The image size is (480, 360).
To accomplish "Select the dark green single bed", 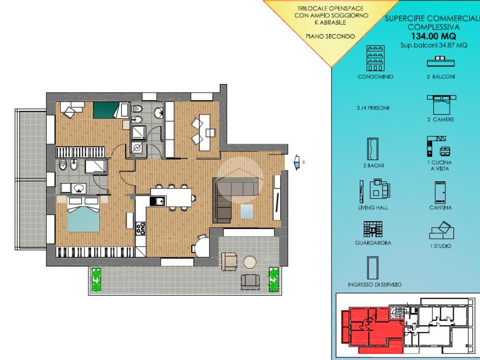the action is tap(106, 110).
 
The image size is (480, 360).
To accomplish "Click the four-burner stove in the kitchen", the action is tap(141, 228).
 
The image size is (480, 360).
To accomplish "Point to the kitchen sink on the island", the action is tap(157, 201).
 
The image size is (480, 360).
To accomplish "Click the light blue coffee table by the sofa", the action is tap(247, 211).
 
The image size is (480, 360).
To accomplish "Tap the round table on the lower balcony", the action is tap(250, 262).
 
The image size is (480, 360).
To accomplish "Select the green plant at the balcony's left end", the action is tap(97, 279).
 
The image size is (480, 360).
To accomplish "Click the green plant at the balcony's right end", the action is tap(273, 279).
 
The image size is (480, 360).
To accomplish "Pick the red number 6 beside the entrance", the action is tap(303, 162).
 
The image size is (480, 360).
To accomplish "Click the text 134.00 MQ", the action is tap(434, 36).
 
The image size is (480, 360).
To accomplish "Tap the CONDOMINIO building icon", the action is tap(375, 58).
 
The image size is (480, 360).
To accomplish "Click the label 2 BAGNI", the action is tap(374, 165).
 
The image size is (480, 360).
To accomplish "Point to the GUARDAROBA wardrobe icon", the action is tap(373, 229).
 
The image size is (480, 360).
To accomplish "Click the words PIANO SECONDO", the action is tap(330, 37).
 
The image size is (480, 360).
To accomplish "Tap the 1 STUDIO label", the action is tap(441, 246).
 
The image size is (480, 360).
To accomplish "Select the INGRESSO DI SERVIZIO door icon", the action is tap(373, 268).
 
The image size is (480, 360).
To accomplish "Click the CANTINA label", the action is tap(441, 208).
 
